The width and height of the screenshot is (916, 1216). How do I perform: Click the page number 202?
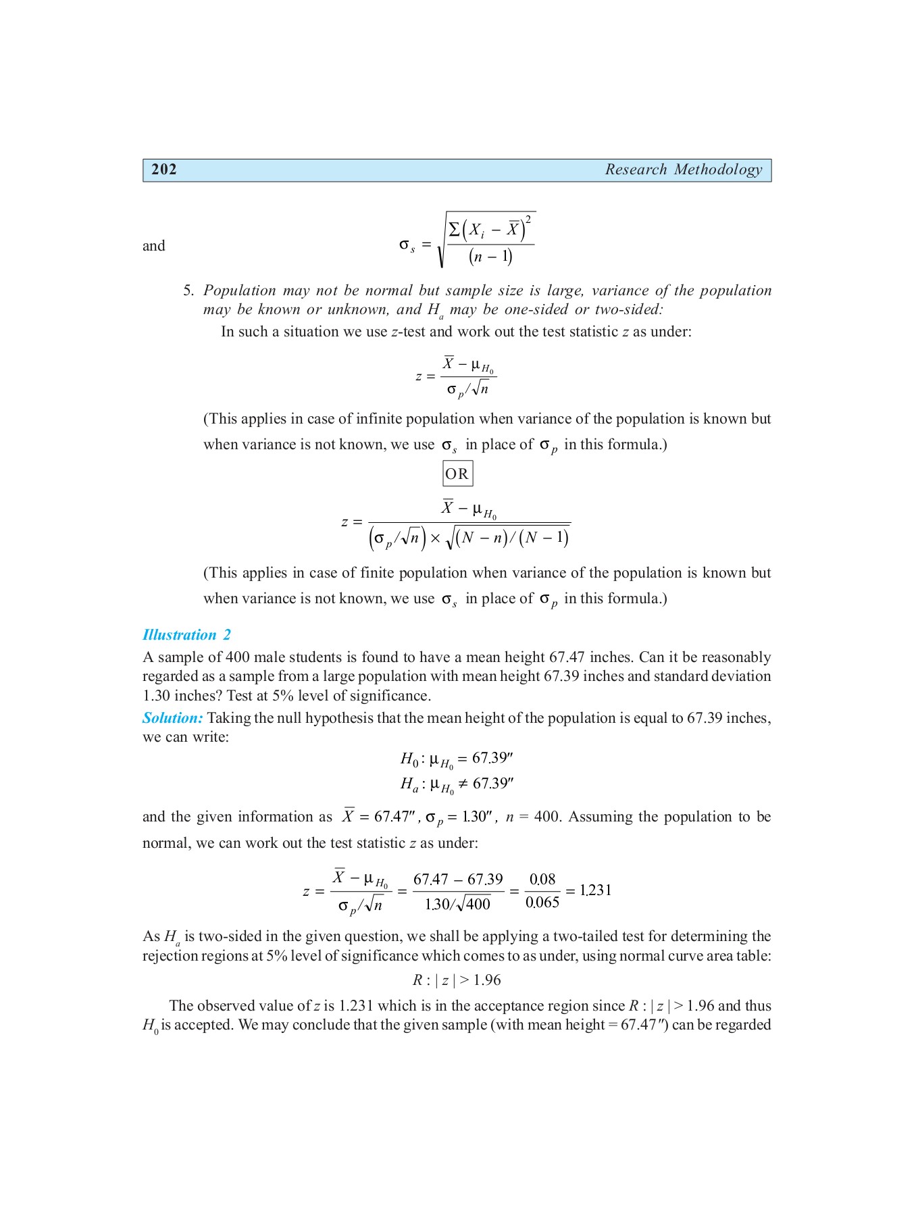coord(164,170)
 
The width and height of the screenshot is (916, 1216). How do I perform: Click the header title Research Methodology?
coord(683,170)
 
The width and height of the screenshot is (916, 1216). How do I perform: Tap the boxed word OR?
coord(457,474)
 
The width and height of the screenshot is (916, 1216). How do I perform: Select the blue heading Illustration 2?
coord(186,635)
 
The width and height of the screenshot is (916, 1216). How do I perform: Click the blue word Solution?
coord(172,718)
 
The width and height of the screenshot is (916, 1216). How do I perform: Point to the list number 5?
coord(188,291)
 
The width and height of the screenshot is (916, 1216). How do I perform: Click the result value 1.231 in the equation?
coord(595,890)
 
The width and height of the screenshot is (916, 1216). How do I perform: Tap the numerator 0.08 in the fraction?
coord(542,880)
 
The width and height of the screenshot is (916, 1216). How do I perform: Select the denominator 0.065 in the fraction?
coord(542,903)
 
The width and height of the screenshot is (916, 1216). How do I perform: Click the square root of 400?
coord(474,904)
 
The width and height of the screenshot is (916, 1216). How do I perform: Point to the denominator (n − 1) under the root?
coord(490,257)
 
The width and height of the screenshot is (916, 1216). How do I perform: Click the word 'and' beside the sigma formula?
coord(153,246)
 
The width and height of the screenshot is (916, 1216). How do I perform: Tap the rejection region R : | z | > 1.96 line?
coord(457,980)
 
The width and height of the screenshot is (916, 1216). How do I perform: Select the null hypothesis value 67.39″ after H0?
coord(492,758)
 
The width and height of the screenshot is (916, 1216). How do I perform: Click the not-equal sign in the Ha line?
coord(463,784)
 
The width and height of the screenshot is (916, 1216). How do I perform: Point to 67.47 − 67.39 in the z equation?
coord(458,880)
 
